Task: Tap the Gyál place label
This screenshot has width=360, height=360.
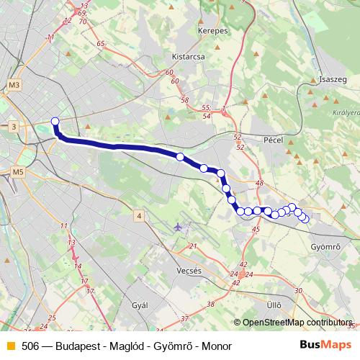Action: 140,305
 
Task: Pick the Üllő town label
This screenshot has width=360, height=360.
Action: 274,305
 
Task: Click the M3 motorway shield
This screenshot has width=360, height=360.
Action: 15,86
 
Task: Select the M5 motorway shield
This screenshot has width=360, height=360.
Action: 18,172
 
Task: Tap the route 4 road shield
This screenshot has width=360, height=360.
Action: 139,215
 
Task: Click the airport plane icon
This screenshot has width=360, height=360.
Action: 179,228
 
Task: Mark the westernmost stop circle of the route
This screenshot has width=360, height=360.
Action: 55,121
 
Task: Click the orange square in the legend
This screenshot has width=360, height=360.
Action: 10,346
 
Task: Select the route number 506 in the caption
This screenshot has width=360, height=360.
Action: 30,346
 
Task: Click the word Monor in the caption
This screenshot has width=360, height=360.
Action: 217,346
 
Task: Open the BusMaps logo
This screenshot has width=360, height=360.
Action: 325,345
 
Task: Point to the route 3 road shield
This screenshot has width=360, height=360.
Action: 14,127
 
